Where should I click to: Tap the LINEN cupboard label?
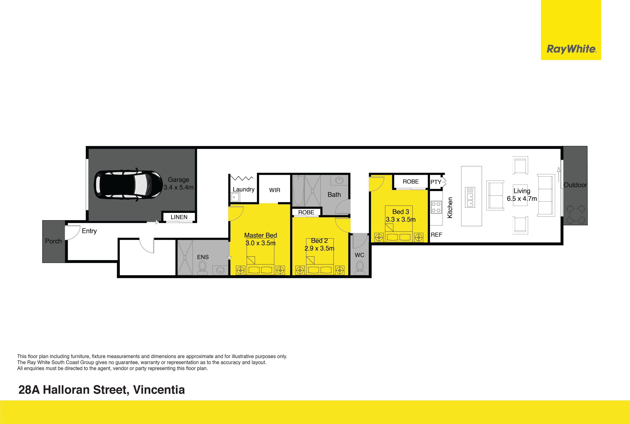tap(179, 217)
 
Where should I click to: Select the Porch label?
tap(53, 241)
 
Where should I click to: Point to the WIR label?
tap(275, 190)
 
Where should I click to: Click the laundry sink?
tap(235, 197)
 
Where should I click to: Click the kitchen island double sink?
tap(470, 197)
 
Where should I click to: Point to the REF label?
tap(436, 235)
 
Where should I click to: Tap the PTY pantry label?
tap(436, 182)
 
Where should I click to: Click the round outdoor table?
tap(576, 214)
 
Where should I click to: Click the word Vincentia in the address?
tap(159, 390)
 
